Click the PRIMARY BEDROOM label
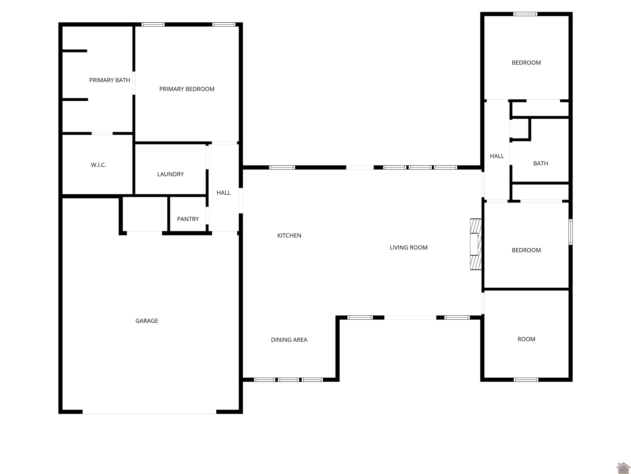[x=187, y=89]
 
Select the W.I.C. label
[x=98, y=165]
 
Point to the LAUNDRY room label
[x=170, y=174]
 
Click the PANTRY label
[x=188, y=219]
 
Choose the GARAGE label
[x=147, y=321]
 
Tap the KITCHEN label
[x=289, y=235]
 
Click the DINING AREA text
[x=289, y=340]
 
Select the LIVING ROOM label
[x=409, y=248]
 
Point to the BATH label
[x=541, y=163]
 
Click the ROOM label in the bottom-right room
[x=526, y=339]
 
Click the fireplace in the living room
[x=476, y=244]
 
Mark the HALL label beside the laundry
[x=223, y=193]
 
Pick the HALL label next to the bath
[x=497, y=156]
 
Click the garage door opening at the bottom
[x=149, y=412]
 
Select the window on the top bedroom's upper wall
[x=525, y=14]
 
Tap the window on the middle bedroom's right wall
[x=570, y=232]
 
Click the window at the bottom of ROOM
[x=526, y=380]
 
